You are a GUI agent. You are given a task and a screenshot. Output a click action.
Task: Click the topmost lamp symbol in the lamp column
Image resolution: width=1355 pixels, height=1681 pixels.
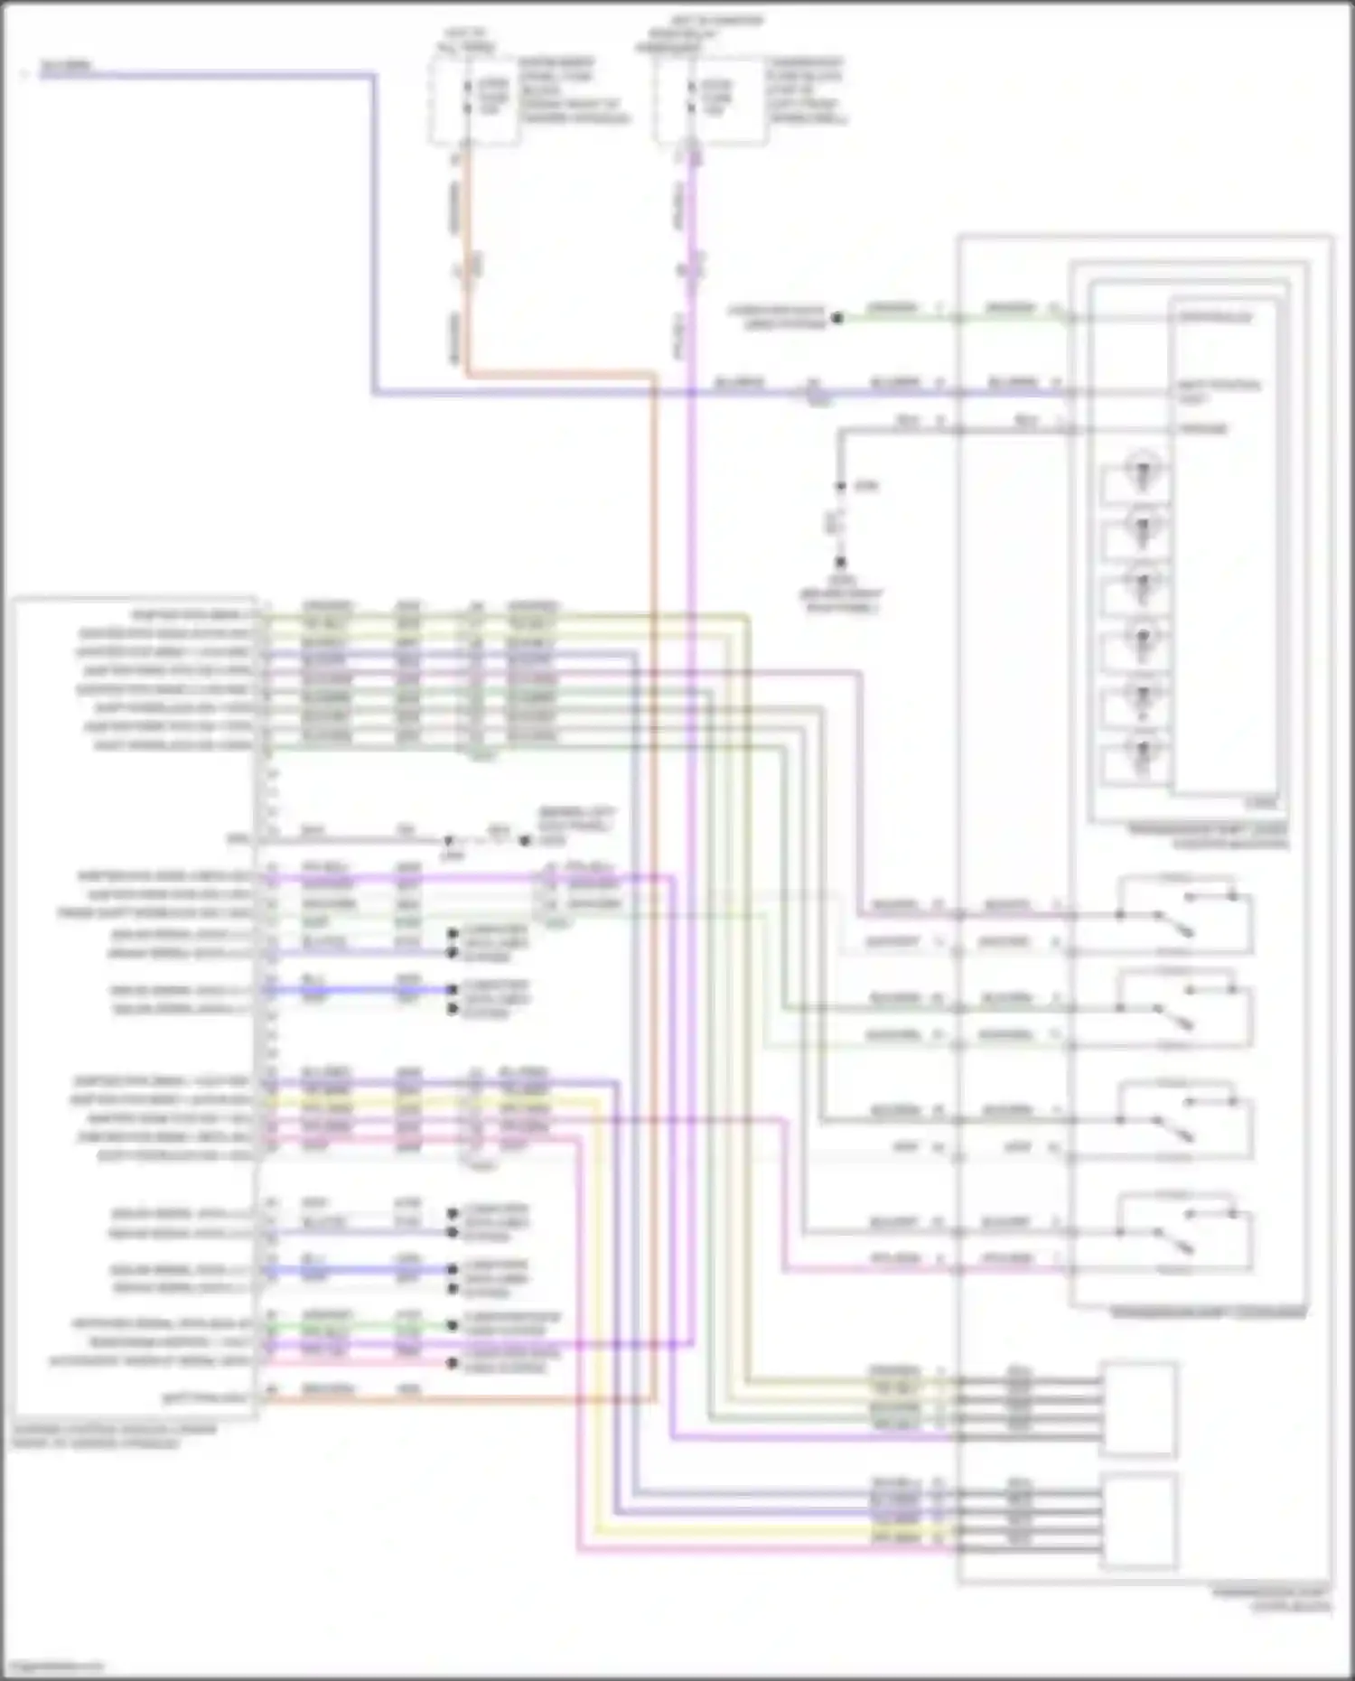click(x=1141, y=472)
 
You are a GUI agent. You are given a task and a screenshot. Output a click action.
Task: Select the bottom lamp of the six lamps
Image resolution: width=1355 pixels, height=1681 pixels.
click(x=1141, y=752)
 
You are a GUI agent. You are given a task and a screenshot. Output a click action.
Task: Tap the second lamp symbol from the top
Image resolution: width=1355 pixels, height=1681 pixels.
click(x=1141, y=528)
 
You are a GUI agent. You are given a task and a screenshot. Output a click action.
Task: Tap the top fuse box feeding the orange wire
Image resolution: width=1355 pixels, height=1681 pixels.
click(x=474, y=99)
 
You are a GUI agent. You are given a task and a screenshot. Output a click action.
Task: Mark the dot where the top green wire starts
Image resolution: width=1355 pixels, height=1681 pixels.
click(x=837, y=318)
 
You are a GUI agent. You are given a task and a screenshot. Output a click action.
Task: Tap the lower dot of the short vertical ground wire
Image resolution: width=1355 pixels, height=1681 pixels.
click(x=840, y=562)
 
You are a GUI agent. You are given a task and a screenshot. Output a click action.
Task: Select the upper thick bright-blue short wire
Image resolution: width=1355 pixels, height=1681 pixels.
click(x=361, y=990)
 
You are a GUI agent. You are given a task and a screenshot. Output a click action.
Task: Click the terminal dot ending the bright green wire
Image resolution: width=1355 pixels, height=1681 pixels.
click(x=453, y=1326)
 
